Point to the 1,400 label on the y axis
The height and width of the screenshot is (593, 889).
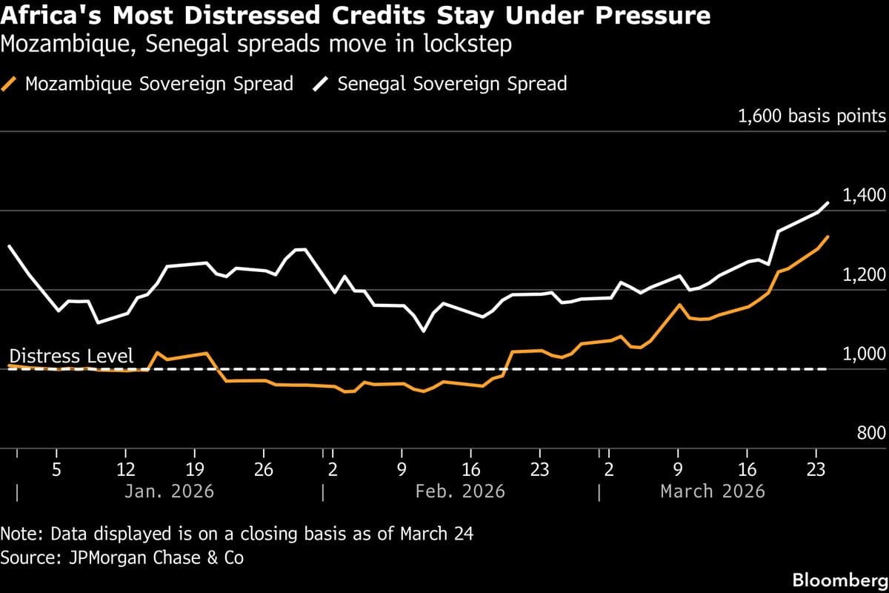tap(865, 196)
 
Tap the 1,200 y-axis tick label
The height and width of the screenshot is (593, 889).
tap(865, 275)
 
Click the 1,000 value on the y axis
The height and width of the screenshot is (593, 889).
tap(865, 354)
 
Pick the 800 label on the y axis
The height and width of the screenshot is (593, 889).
tap(871, 434)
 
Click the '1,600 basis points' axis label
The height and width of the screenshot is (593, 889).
tap(811, 116)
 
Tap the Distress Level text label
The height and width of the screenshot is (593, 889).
tap(71, 357)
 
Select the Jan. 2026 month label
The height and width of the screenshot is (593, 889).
tap(169, 491)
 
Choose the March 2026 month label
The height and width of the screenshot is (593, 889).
tap(713, 491)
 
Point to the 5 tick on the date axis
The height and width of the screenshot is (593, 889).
tap(56, 469)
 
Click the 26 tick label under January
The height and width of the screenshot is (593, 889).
tap(264, 469)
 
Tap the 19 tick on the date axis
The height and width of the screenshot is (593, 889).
tap(194, 469)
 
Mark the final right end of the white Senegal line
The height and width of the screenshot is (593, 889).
tap(828, 202)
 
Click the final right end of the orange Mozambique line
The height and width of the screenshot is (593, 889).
tap(828, 237)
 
